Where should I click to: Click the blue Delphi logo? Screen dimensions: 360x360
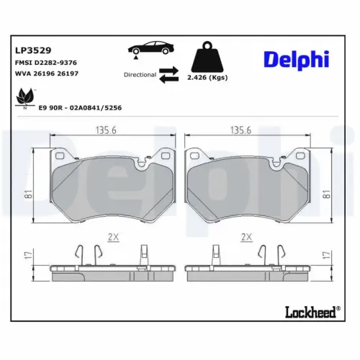[297, 60]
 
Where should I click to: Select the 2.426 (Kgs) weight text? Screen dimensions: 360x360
[208, 76]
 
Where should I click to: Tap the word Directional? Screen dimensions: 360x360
[140, 74]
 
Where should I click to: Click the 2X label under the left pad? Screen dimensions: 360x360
[113, 235]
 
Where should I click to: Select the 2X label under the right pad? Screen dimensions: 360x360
[247, 235]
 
